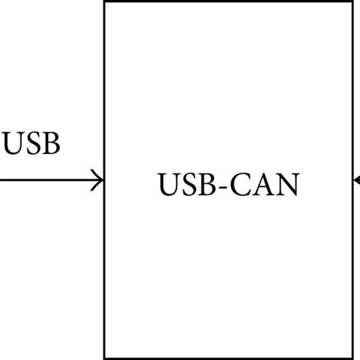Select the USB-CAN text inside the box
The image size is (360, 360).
tap(228, 185)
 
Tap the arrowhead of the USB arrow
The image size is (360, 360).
tap(98, 181)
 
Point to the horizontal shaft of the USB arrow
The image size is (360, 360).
tap(46, 181)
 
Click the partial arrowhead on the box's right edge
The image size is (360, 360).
tap(356, 181)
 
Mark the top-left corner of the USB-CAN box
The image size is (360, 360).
tap(104, 2)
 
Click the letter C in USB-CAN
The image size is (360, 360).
tap(241, 185)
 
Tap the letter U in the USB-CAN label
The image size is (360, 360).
tap(169, 185)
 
